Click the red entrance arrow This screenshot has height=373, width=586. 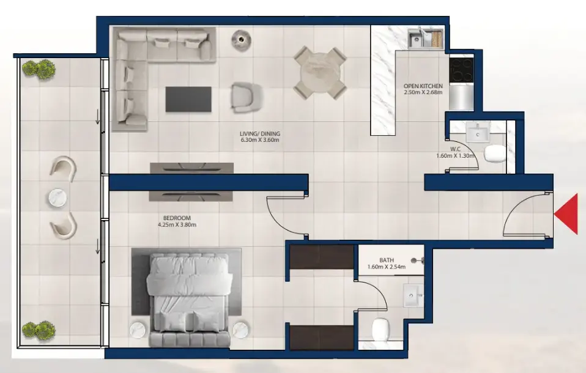click(x=568, y=213)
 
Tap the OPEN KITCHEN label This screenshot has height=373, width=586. click(x=423, y=86)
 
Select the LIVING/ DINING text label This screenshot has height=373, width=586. click(x=259, y=133)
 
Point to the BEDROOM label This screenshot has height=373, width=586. click(x=177, y=218)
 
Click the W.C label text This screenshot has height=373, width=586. click(x=454, y=149)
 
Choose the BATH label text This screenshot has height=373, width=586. click(x=386, y=259)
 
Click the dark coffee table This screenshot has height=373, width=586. click(x=188, y=99)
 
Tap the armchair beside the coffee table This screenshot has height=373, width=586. click(x=247, y=98)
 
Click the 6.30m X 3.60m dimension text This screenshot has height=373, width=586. click(x=259, y=140)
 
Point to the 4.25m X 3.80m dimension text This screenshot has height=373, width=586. click(x=177, y=224)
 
